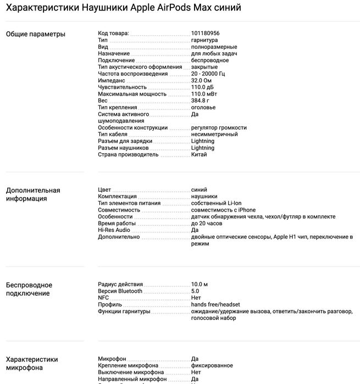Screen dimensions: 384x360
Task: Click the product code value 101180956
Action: [206, 34]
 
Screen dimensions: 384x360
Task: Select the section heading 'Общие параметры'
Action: [35, 34]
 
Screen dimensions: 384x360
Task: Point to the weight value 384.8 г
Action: [200, 101]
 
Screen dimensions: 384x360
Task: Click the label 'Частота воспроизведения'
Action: [132, 74]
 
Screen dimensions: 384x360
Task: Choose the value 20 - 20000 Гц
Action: [208, 74]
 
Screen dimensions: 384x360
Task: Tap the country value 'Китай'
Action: [199, 154]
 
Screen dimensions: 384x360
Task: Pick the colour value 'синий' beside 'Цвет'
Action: [199, 190]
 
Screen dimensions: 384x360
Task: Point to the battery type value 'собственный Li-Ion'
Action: [217, 203]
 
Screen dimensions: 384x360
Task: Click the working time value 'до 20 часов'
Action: [207, 224]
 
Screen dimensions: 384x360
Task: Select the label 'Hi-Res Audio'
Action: [114, 230]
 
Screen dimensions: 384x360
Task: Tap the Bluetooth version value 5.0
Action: [195, 291]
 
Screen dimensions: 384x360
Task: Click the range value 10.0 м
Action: [199, 284]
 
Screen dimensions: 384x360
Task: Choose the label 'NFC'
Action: [103, 298]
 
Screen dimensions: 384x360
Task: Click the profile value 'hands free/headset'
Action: [216, 304]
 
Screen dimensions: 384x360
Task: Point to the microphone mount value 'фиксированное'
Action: [212, 365]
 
